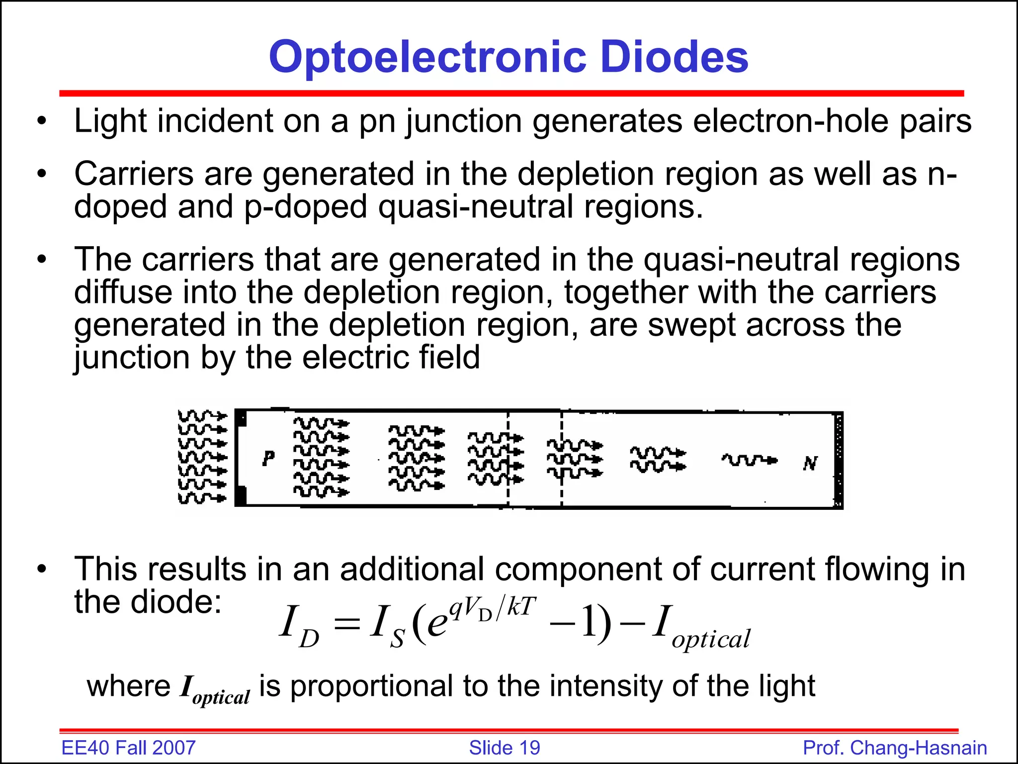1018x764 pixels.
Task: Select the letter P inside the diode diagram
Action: pyautogui.click(x=268, y=458)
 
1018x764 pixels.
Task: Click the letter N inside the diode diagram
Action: pyautogui.click(x=810, y=464)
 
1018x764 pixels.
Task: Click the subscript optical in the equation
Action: pyautogui.click(x=711, y=640)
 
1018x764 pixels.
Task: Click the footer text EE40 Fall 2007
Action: pyautogui.click(x=128, y=748)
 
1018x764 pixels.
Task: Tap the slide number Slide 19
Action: pyautogui.click(x=505, y=748)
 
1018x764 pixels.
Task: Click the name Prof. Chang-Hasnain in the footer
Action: pyautogui.click(x=895, y=748)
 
